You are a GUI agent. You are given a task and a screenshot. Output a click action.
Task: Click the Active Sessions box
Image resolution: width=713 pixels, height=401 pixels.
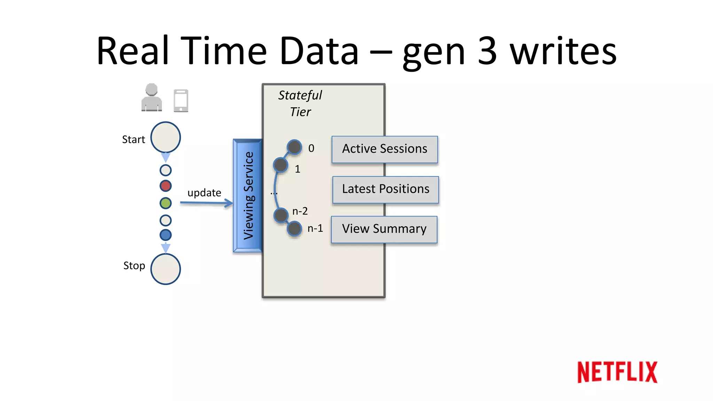coord(385,149)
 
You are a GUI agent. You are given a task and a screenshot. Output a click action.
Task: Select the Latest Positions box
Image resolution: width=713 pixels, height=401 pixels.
coord(385,189)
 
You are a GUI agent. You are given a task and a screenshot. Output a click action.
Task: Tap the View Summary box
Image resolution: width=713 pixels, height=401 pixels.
coord(384,229)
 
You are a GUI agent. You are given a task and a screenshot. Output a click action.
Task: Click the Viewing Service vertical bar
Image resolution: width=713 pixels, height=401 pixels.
coord(248,196)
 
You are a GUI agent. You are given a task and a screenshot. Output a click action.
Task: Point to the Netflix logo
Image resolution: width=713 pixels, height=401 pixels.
coord(617,372)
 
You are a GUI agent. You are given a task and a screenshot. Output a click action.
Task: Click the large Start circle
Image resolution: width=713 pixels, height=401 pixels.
coord(165,137)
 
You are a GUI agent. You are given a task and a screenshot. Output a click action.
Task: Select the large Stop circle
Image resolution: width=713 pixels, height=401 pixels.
coord(165,269)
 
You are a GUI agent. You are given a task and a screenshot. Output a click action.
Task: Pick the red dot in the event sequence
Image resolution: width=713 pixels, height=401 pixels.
coord(165,186)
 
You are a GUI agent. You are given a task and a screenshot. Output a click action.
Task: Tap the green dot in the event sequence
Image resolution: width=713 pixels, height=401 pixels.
coord(165,203)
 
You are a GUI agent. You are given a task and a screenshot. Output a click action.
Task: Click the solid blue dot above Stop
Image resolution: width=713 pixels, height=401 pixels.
coord(165,235)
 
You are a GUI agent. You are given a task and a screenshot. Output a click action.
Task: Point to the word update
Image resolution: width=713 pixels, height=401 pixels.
coord(204,193)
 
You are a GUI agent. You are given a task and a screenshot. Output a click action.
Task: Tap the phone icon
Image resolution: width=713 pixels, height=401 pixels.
coord(181,101)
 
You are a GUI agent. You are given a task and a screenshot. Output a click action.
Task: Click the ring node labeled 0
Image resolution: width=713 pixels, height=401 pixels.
coord(295,147)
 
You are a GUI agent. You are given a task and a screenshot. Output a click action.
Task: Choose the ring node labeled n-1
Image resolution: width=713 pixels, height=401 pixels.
coord(295,229)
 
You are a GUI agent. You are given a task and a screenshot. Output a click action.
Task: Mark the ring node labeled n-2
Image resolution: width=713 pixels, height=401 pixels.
coord(281,215)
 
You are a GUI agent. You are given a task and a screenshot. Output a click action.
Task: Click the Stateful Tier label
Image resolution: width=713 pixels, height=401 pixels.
coord(300,103)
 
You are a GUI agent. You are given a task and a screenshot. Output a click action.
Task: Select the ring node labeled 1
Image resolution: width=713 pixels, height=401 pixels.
coord(281,165)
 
